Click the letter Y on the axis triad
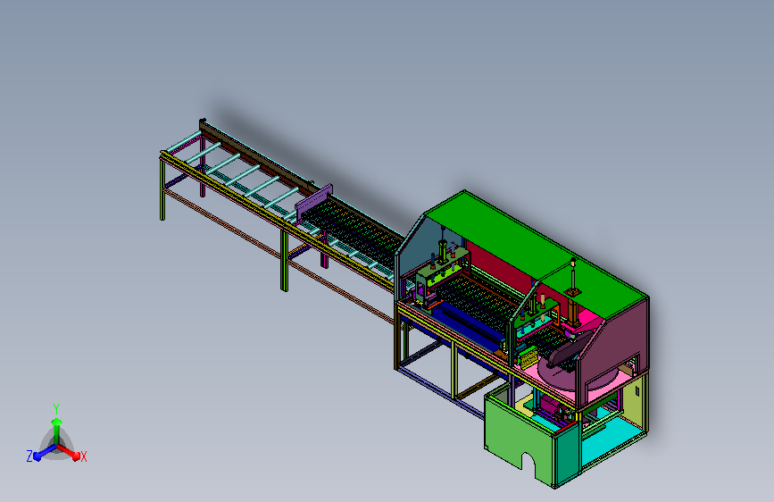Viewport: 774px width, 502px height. (56, 408)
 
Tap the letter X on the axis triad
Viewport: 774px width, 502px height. (83, 456)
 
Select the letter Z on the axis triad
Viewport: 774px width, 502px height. (29, 456)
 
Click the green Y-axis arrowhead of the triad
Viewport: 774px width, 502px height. (57, 422)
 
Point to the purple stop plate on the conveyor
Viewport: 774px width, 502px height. (314, 203)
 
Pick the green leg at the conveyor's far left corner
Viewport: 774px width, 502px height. (162, 188)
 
